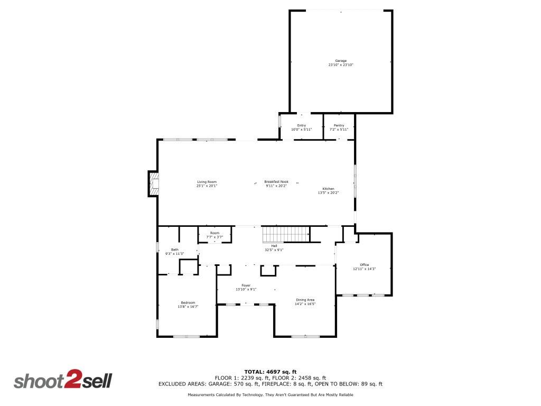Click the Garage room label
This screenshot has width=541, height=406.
pos(341,61)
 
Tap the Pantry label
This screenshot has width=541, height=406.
pos(339,125)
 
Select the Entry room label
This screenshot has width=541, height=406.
pos(302,125)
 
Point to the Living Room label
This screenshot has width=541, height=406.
pos(207,182)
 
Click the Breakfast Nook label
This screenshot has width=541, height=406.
pos(276,182)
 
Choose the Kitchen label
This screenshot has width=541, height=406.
pos(328,189)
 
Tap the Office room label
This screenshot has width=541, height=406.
pos(365,265)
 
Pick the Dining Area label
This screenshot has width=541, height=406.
pos(305,300)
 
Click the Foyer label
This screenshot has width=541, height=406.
pos(246,285)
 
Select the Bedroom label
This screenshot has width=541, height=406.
pos(188,303)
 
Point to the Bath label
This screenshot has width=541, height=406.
pos(174,250)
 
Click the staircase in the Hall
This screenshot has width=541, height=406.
pos(286,233)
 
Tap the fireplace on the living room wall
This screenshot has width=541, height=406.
pos(153,183)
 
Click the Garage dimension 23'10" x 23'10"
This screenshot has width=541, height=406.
pos(341,65)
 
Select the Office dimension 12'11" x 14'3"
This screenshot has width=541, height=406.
pos(365,269)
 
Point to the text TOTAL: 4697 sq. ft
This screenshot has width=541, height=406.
pos(270,372)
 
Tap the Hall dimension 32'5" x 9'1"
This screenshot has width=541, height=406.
pos(274,250)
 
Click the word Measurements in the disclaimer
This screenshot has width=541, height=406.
pos(202,395)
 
